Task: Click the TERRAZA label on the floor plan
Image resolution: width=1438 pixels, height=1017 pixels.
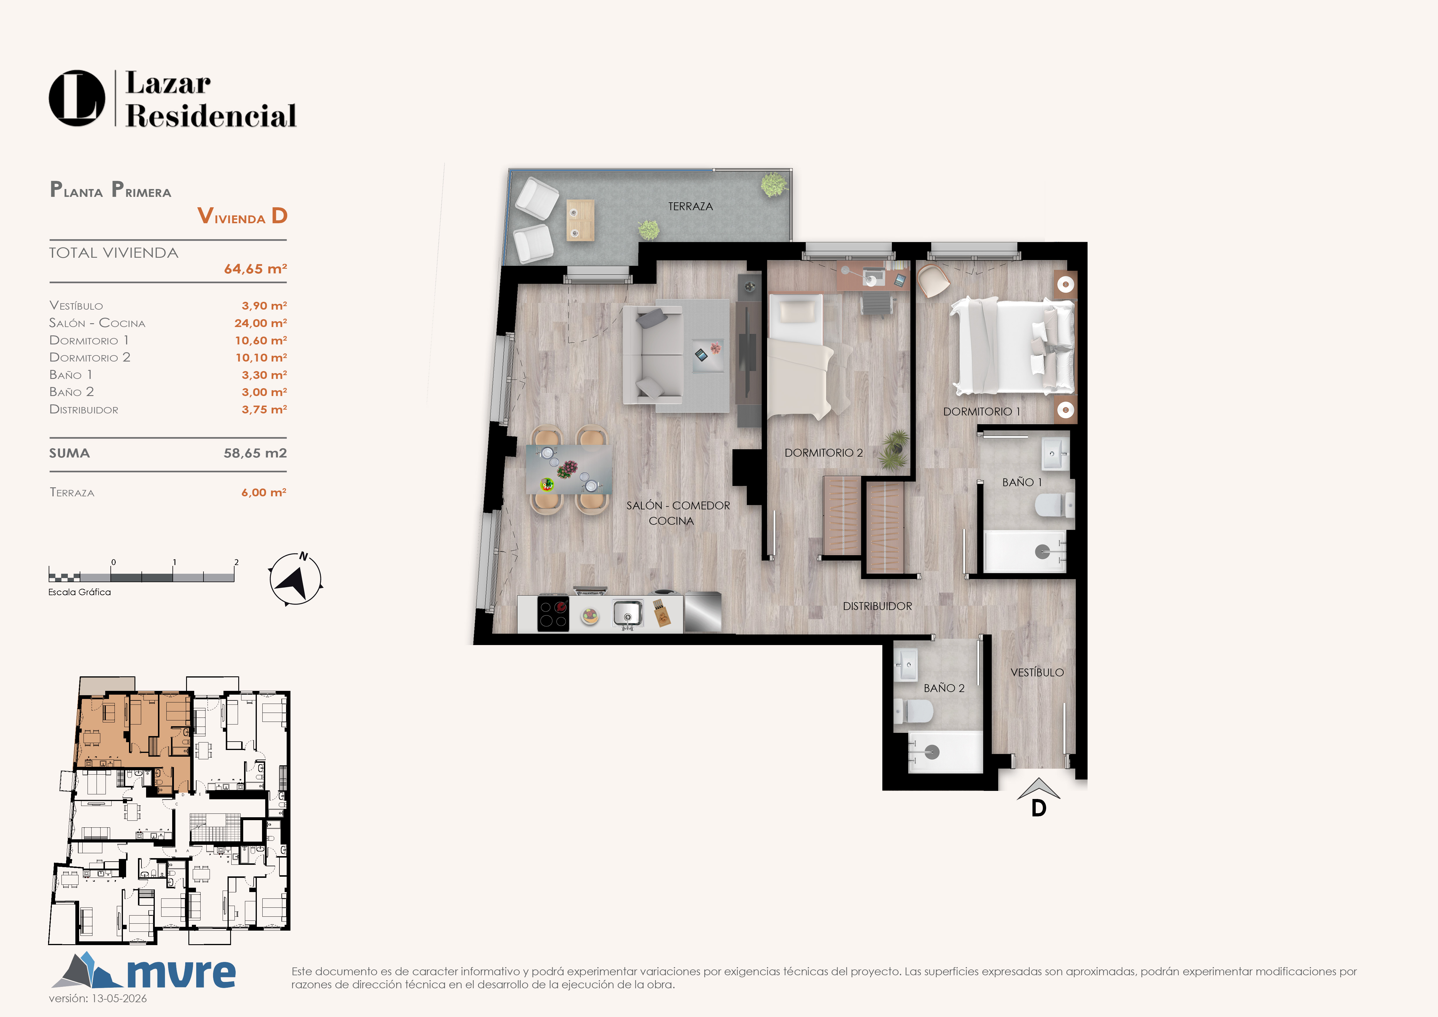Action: pyautogui.click(x=690, y=206)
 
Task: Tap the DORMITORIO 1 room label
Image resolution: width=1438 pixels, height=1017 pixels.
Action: pyautogui.click(x=981, y=411)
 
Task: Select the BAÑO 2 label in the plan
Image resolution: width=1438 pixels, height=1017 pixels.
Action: pyautogui.click(x=944, y=688)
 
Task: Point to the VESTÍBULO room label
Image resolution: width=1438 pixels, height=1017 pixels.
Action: pyautogui.click(x=1037, y=672)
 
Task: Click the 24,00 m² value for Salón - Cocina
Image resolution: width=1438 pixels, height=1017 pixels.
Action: pyautogui.click(x=261, y=323)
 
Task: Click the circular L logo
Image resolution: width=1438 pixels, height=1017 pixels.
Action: pyautogui.click(x=77, y=98)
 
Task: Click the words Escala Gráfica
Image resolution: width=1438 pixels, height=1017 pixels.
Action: pyautogui.click(x=79, y=592)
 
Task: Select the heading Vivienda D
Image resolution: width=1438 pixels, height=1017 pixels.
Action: pyautogui.click(x=242, y=216)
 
